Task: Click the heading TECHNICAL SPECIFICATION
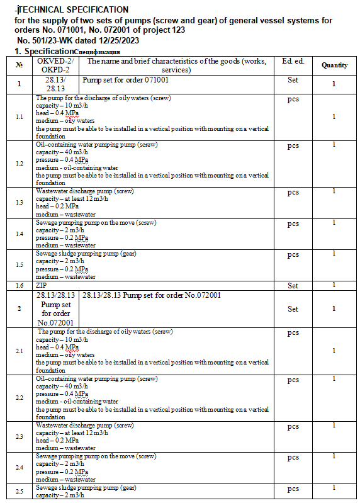pyautogui.click(x=74, y=9)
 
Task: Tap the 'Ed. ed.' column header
pyautogui.click(x=293, y=61)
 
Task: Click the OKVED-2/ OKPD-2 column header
pyautogui.click(x=55, y=65)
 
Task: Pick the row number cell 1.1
pyautogui.click(x=19, y=117)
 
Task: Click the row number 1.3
pyautogui.click(x=19, y=202)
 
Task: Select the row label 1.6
pyautogui.click(x=19, y=285)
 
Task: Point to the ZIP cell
pyautogui.click(x=42, y=285)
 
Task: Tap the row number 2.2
pyautogui.click(x=19, y=398)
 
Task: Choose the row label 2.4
pyautogui.click(x=19, y=468)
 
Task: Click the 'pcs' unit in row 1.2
pyautogui.click(x=293, y=146)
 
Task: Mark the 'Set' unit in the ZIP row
pyautogui.click(x=293, y=286)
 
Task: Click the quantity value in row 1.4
pyautogui.click(x=334, y=222)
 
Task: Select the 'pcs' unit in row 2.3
pyautogui.click(x=293, y=427)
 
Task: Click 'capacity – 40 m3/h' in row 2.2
pyautogui.click(x=62, y=387)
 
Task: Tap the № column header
pyautogui.click(x=19, y=65)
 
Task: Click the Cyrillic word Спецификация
pyautogui.click(x=98, y=52)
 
